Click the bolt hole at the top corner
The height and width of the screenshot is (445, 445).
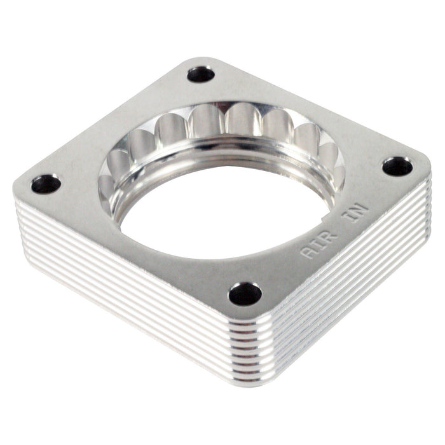[x=201, y=74]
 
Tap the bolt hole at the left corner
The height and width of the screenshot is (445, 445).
[x=46, y=184]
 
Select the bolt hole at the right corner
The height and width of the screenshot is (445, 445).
[x=397, y=167]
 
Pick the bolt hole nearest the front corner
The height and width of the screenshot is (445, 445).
[x=245, y=294]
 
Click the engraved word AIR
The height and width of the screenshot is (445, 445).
[x=316, y=245]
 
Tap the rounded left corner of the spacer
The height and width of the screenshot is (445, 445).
[x=19, y=191]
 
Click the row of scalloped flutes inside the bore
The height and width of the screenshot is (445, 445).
[x=222, y=124]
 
